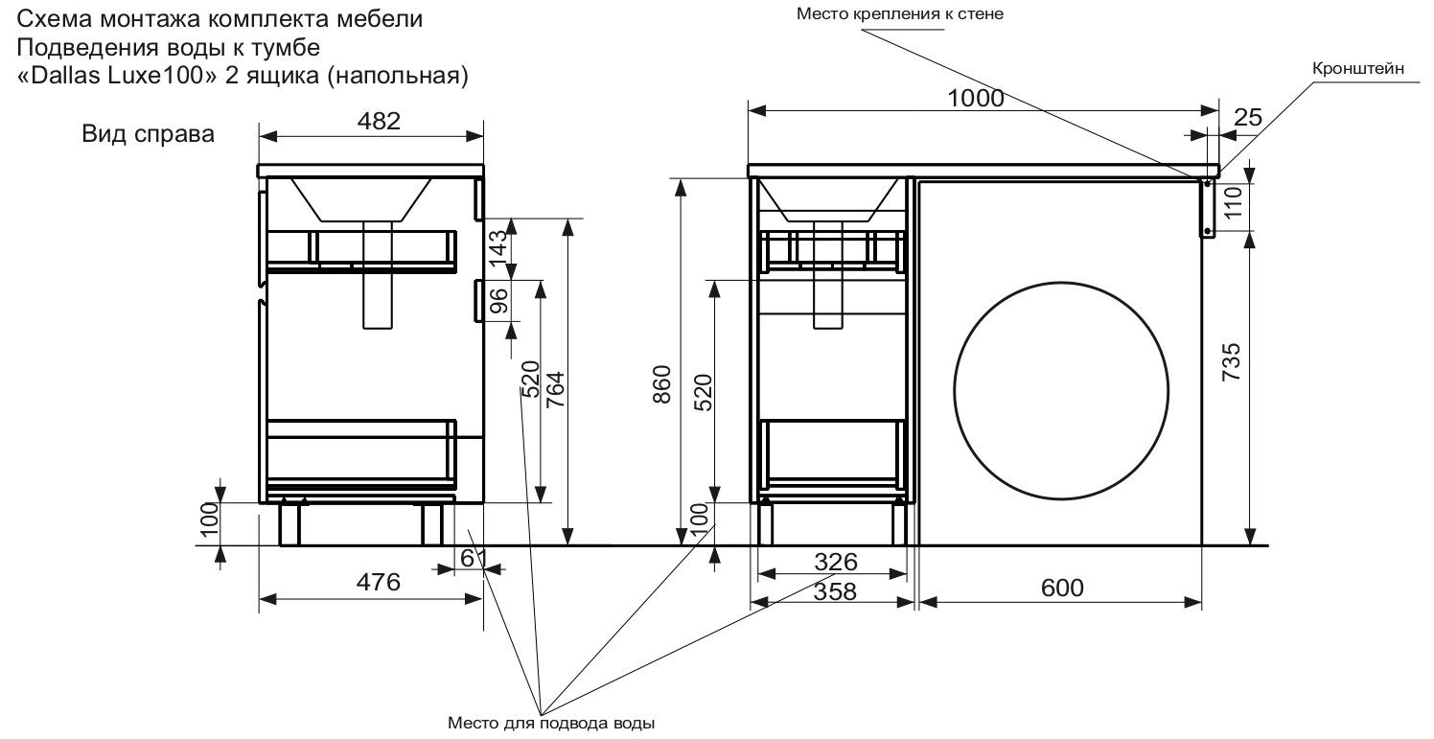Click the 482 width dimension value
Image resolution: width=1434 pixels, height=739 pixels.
pyautogui.click(x=373, y=121)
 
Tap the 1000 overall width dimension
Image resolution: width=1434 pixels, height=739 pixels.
pyautogui.click(x=976, y=99)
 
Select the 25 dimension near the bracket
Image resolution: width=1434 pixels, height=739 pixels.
pyautogui.click(x=1247, y=119)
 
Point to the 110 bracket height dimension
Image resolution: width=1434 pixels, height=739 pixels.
pyautogui.click(x=1234, y=203)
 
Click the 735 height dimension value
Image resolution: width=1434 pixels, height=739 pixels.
pyautogui.click(x=1233, y=362)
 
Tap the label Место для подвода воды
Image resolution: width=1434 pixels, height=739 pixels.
pyautogui.click(x=551, y=721)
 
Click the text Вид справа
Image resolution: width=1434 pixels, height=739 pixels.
pyautogui.click(x=148, y=134)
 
